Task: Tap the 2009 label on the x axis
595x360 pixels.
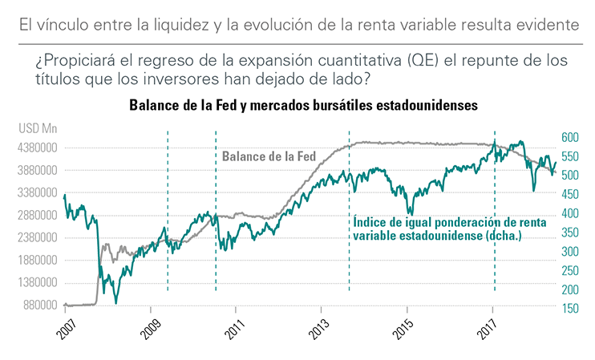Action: pyautogui.click(x=150, y=330)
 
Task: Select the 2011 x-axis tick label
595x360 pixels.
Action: pyautogui.click(x=236, y=330)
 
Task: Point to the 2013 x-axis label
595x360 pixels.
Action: pyautogui.click(x=321, y=330)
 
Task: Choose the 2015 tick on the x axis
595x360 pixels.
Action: pyautogui.click(x=407, y=330)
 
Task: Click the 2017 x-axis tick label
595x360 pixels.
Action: pyautogui.click(x=492, y=330)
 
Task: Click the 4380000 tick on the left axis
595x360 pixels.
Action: pyautogui.click(x=39, y=148)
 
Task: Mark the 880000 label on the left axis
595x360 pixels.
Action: pyautogui.click(x=42, y=305)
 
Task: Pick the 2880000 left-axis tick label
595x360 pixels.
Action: pyautogui.click(x=39, y=216)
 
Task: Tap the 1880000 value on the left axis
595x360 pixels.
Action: pyautogui.click(x=39, y=261)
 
